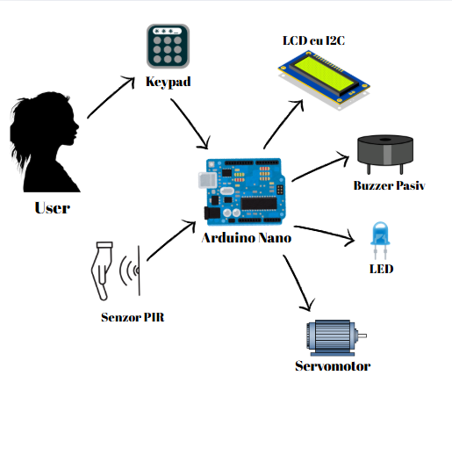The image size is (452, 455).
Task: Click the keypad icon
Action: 168,47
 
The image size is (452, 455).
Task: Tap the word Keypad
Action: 169,82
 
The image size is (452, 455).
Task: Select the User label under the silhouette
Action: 53,208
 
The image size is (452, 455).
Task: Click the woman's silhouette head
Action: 44,120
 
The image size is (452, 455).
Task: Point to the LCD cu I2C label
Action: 313,40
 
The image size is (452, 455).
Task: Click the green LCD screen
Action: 326,74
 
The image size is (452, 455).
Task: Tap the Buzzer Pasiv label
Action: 389,185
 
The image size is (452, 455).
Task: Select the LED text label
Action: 381,269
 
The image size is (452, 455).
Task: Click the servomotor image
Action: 336,337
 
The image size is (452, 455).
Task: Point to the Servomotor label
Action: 333,366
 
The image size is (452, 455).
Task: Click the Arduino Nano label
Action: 247,238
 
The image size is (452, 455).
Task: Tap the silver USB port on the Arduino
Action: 208,180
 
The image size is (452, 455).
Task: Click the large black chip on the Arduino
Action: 259,203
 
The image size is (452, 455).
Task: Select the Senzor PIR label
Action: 133,317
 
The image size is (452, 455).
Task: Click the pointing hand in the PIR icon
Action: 102,271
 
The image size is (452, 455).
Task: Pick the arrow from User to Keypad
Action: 111,97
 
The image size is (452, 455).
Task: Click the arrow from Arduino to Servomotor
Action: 298,283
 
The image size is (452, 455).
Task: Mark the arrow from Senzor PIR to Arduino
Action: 171,241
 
